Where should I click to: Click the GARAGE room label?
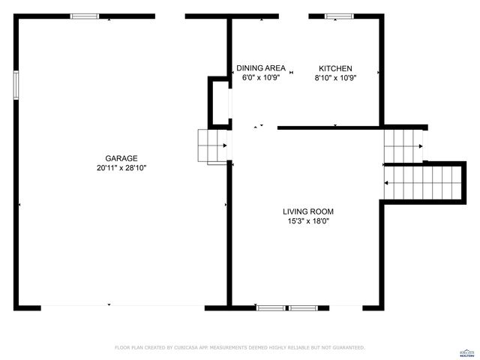(x=121, y=158)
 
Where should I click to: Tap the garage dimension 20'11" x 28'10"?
(x=121, y=168)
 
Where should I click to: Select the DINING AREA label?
(x=260, y=68)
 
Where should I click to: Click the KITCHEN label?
(x=335, y=68)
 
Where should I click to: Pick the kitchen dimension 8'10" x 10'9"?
(x=335, y=77)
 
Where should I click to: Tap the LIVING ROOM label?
(x=307, y=211)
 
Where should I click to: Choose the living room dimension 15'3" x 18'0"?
(x=307, y=220)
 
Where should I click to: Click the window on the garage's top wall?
(x=85, y=16)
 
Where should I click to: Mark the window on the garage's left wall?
(x=15, y=84)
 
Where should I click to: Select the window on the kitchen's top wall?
(x=339, y=16)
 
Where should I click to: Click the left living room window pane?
(x=271, y=307)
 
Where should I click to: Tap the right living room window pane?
(x=304, y=307)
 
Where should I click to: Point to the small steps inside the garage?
(x=211, y=145)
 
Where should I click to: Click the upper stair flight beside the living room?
(x=403, y=146)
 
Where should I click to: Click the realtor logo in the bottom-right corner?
(x=466, y=352)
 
